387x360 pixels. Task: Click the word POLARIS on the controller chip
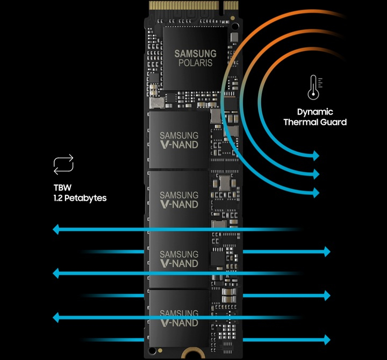tap(195, 63)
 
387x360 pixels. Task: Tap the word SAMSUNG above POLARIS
tap(195, 53)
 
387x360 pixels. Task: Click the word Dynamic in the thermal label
tap(315, 112)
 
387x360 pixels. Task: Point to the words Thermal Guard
tap(315, 122)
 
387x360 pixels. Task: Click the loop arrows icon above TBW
tap(63, 165)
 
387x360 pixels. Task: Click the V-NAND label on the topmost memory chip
tap(179, 144)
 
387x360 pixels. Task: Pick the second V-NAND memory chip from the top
tap(179, 199)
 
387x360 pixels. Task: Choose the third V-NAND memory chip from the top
tap(179, 259)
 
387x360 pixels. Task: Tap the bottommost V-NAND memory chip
tap(179, 317)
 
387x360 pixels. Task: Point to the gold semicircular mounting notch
tap(189, 355)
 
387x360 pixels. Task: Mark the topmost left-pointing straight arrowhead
tap(56, 230)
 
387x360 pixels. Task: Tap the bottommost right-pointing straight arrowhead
tap(326, 339)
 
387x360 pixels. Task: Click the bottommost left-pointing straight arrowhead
tap(56, 317)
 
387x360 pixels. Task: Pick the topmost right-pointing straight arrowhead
tap(326, 251)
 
